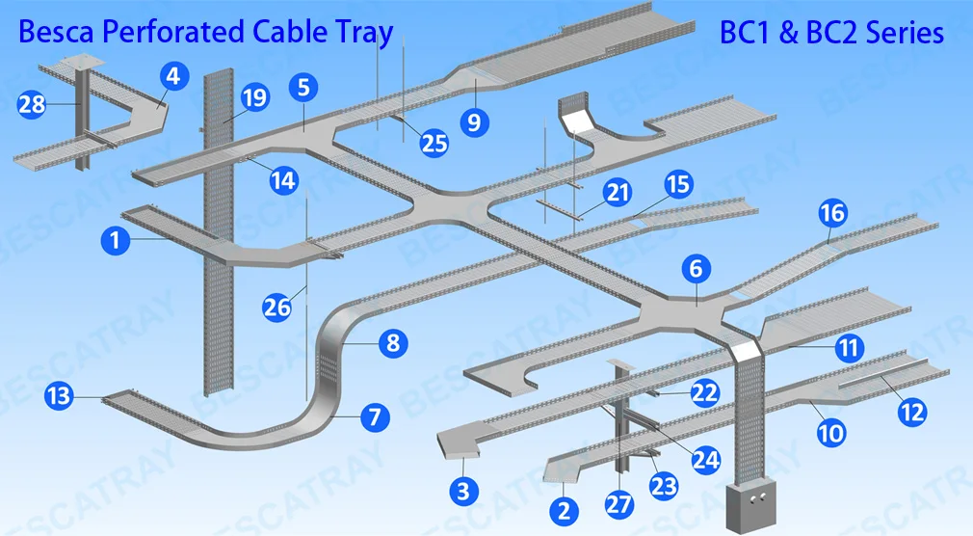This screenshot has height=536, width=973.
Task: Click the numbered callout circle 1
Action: pos(116,240)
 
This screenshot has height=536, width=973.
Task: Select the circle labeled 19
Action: pos(254,97)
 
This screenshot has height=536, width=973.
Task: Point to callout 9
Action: pos(475,121)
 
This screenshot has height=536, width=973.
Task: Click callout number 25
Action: pos(434,143)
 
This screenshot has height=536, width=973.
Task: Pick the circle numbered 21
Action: pos(617,193)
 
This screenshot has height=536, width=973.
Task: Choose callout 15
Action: pos(678,183)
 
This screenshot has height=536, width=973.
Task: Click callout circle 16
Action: pos(832,214)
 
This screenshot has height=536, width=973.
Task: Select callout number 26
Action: pos(276,308)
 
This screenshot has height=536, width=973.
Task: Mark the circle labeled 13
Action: pos(59,394)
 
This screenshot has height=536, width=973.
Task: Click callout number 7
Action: pos(375,417)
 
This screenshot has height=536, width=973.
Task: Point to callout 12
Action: pos(911,412)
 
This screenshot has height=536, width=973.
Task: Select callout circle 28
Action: pos(32,103)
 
